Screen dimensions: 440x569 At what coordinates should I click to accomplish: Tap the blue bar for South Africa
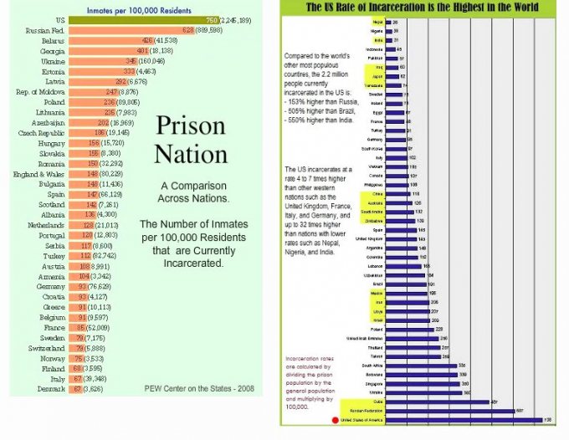[423, 366]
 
